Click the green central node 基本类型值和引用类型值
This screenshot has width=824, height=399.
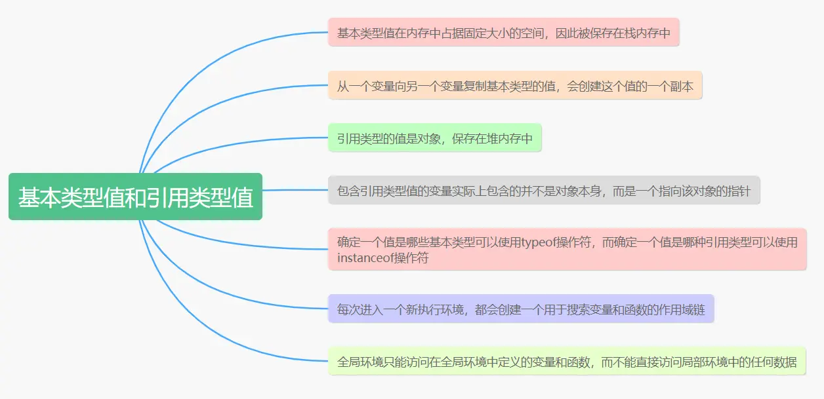click(x=135, y=197)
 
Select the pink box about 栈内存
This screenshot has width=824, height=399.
click(x=503, y=33)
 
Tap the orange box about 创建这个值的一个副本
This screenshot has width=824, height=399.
click(x=515, y=86)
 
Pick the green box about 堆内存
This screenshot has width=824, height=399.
click(x=434, y=138)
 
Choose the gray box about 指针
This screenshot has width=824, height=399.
click(x=543, y=191)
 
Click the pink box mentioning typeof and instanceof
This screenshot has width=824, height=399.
click(x=567, y=250)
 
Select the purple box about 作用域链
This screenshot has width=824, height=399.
click(x=520, y=309)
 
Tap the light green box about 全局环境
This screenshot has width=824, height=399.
click(x=566, y=362)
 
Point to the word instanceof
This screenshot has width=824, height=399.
click(x=365, y=257)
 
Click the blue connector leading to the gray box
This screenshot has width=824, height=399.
click(x=295, y=190)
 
